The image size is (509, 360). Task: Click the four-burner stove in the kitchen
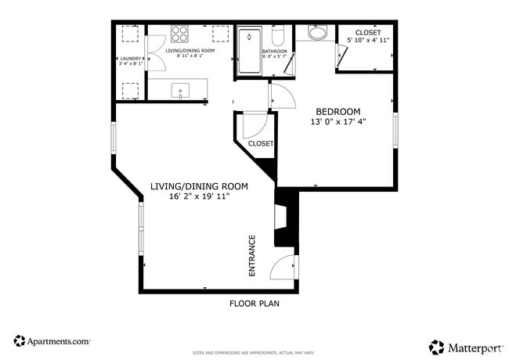179,34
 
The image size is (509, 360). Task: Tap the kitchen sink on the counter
181,91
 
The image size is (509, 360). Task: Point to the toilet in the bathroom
277,35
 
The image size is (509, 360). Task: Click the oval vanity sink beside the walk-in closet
317,33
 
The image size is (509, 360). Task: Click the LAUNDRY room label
129,59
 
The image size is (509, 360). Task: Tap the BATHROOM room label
275,52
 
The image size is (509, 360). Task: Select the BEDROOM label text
338,111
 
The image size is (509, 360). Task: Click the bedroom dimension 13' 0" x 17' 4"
338,122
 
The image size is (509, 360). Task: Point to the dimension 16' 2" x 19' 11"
199,196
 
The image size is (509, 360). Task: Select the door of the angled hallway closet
254,126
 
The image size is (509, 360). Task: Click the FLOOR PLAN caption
254,304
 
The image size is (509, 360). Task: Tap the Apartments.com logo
52,341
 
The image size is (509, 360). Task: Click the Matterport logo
462,345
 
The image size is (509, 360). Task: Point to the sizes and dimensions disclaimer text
254,354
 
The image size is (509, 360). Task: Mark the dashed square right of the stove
219,34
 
